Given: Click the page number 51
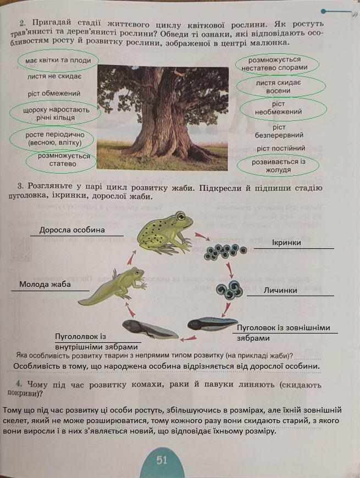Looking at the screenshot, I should coord(161,460).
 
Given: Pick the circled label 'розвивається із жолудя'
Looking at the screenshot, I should coord(279,166).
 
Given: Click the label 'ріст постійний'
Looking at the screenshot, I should coord(280,148).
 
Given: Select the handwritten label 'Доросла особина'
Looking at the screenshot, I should coord(72,229).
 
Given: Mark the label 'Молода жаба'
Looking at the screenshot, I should coord(45,284).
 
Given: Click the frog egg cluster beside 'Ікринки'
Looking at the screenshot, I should coord(225,252).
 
